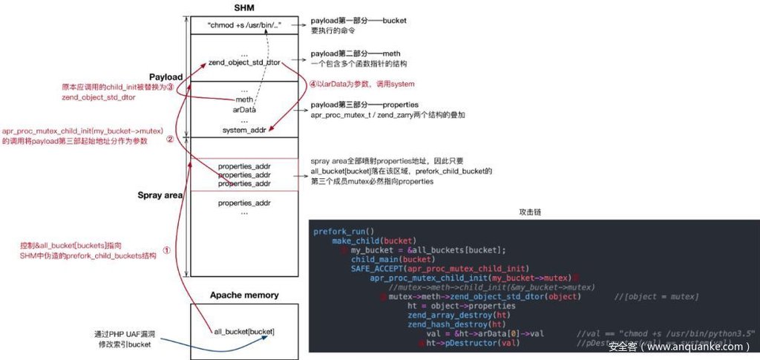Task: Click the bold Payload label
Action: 166,77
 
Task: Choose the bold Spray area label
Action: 160,195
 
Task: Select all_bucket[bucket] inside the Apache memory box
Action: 239,330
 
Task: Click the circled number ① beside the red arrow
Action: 166,250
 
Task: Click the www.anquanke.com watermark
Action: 679,346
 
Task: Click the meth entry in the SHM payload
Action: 244,99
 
